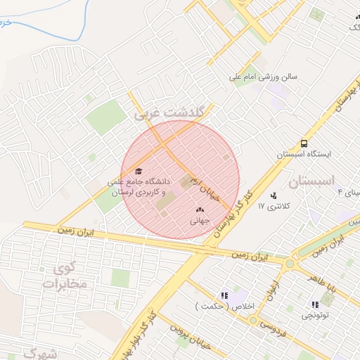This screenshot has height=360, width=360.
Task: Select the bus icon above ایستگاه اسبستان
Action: coord(304,143)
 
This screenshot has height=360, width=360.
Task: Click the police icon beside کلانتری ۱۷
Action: coord(273,195)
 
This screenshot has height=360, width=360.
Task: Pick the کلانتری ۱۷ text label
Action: coord(274,207)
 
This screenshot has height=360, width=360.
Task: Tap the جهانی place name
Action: coord(199,220)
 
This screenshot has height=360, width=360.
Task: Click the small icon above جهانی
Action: coord(199,209)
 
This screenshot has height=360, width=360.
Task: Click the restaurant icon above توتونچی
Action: coord(315,304)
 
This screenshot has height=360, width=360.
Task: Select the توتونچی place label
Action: coord(315,316)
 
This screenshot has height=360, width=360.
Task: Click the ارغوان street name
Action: coord(271,287)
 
